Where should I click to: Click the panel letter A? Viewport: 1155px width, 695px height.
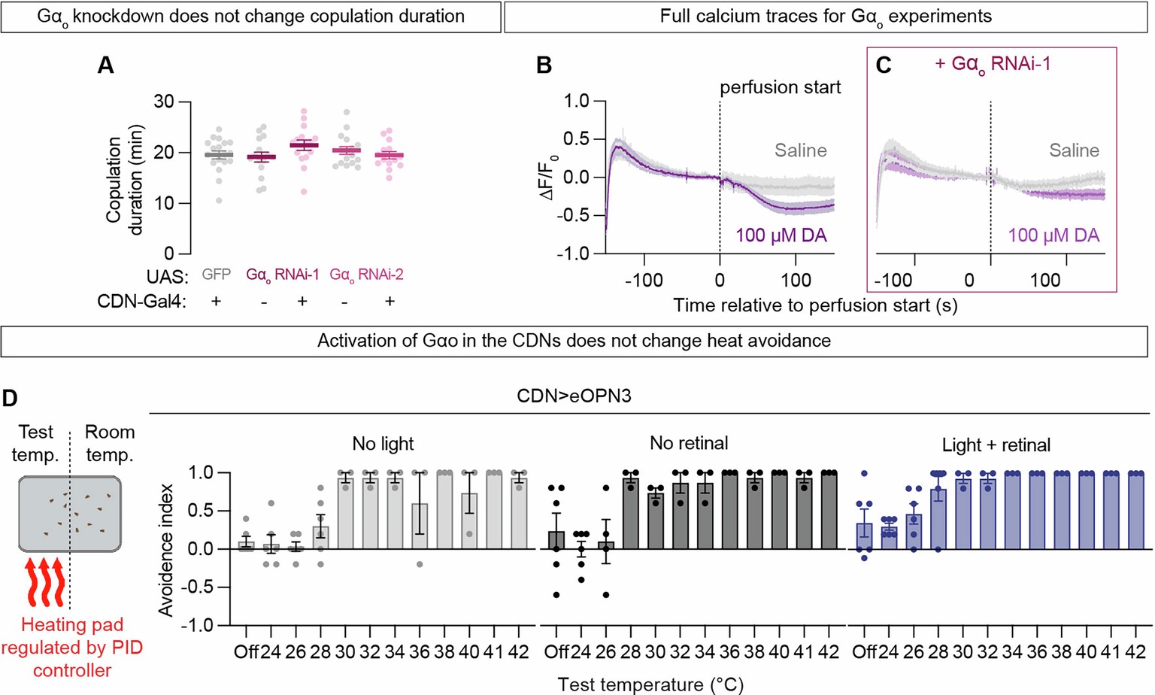106,65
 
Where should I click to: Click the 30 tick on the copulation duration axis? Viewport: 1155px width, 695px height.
164,102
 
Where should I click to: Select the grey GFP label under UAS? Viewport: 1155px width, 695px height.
216,275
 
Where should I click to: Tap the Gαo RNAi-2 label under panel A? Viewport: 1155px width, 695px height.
366,275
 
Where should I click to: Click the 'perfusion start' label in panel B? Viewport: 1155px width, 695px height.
780,87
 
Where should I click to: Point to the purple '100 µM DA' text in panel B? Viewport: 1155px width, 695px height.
781,235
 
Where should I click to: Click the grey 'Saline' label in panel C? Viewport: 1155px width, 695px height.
1074,150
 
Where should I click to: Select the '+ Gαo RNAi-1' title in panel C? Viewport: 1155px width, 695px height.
993,65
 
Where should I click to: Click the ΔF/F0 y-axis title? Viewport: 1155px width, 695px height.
549,176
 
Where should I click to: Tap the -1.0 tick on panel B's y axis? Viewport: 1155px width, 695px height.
572,254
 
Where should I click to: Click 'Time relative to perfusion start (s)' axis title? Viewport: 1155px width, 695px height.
815,305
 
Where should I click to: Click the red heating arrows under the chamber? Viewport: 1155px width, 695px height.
44,581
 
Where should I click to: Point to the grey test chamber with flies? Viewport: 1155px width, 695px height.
69,514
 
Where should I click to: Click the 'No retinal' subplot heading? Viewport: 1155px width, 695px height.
689,444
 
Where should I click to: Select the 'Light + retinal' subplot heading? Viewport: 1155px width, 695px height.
996,445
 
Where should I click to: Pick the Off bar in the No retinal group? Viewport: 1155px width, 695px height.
556,540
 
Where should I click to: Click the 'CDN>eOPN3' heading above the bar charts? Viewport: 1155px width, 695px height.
574,396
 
